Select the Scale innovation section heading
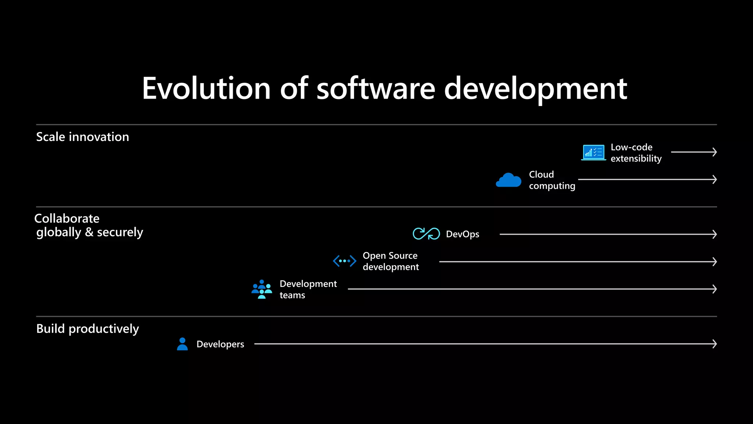[83, 137]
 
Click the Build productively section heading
[88, 329]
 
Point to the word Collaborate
[67, 219]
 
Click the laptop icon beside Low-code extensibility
[593, 152]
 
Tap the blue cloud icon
[508, 180]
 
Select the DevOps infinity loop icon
[426, 234]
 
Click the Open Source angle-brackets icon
[345, 261]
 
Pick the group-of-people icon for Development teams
[262, 289]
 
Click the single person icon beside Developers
[182, 344]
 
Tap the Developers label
[220, 344]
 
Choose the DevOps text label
[463, 234]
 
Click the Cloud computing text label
[552, 180]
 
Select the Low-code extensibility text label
[636, 153]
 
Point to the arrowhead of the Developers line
[714, 344]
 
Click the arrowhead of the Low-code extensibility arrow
[714, 152]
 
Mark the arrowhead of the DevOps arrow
[714, 234]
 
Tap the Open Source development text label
[390, 261]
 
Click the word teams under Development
[292, 295]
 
